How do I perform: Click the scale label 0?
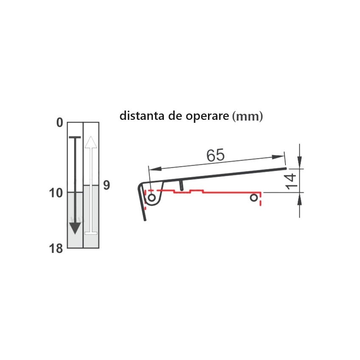coord(59,123)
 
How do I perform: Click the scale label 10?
coord(56,193)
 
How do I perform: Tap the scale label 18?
coord(56,248)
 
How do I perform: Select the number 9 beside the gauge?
coord(106,185)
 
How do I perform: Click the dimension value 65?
coord(215,155)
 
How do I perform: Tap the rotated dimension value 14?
coord(291,181)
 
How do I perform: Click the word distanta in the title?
coord(142,116)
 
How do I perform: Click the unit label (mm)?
coord(248,116)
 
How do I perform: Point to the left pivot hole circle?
coord(151,198)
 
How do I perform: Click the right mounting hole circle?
coord(254,197)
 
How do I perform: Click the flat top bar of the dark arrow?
coord(75,137)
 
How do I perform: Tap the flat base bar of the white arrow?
coord(91,233)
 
